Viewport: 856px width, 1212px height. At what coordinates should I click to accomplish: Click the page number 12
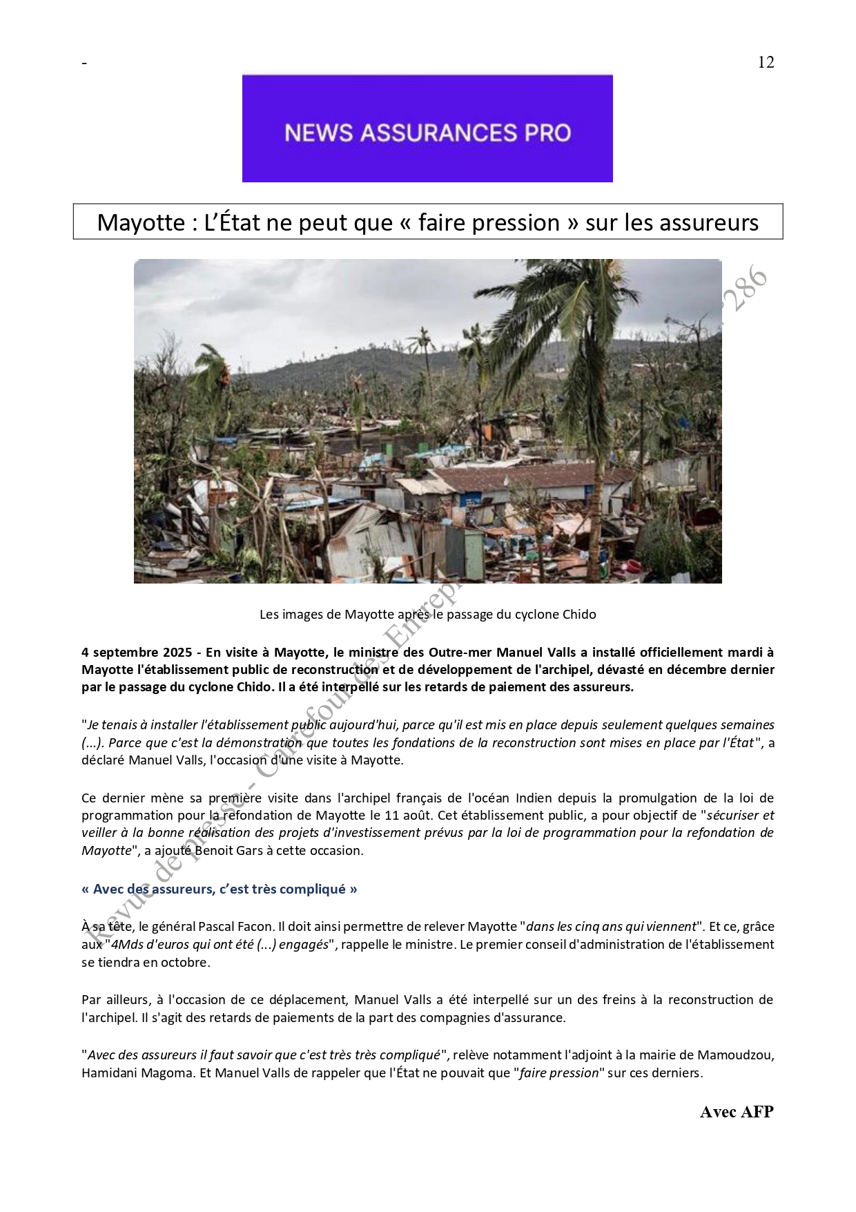click(766, 62)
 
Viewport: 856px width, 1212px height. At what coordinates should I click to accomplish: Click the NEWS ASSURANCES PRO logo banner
click(427, 129)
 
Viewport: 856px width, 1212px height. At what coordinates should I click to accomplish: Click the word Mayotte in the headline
click(135, 222)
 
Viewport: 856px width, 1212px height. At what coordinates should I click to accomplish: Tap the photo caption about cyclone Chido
click(427, 614)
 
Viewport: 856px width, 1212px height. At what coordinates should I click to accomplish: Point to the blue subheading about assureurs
click(220, 889)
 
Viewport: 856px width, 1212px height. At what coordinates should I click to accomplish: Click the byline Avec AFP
click(737, 1111)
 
